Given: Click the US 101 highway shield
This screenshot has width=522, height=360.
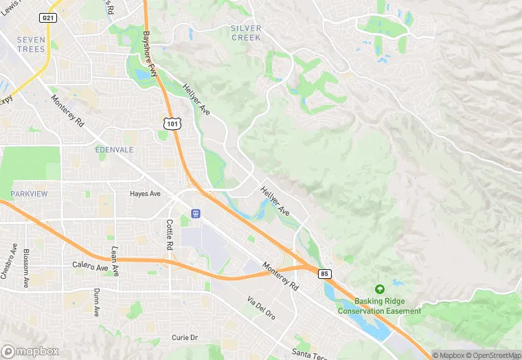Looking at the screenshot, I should tap(172, 122).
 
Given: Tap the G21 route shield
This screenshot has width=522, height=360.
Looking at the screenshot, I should tap(47, 18).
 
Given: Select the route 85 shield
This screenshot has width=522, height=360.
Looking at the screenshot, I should tap(325, 273).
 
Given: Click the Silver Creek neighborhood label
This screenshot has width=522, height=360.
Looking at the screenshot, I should tap(246, 33).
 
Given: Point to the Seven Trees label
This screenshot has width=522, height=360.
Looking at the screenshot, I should tap(31, 45).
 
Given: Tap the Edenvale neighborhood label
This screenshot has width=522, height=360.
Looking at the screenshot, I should tap(115, 149).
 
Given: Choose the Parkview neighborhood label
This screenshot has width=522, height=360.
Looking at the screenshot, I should tap(30, 194).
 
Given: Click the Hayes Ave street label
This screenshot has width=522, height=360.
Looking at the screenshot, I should tap(145, 194).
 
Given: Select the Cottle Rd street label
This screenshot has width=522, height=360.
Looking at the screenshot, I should tap(170, 235).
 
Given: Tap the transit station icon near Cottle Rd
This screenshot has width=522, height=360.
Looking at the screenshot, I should tap(196, 214).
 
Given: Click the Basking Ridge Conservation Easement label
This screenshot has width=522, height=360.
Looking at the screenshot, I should tap(379, 306).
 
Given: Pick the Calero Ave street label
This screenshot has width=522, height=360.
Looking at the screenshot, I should tap(90, 265).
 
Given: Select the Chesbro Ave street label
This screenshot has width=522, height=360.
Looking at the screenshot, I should tap(8, 262).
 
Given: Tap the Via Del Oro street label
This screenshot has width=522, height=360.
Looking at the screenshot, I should tap(261, 308).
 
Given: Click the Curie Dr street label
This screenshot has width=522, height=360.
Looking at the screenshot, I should tap(185, 338).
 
